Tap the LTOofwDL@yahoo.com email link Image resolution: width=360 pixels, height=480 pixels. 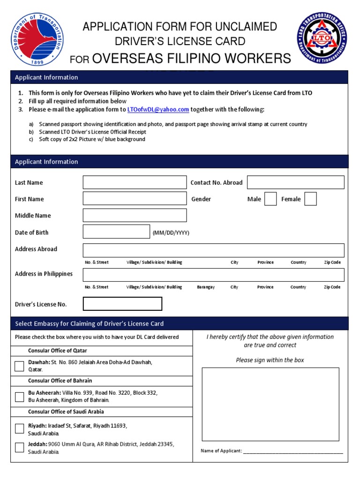158,110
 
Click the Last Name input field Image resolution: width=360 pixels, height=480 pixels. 135,182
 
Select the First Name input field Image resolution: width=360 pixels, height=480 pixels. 135,199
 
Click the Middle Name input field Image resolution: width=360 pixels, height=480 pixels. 135,215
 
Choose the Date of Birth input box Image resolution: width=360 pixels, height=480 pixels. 116,232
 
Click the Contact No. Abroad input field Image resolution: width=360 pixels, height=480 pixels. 295,182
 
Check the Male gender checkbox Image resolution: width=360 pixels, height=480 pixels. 270,199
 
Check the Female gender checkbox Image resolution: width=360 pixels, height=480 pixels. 310,199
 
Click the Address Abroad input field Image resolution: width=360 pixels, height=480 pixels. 213,250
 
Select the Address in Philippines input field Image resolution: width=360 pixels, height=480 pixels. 213,275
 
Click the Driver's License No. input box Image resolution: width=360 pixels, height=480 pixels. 122,304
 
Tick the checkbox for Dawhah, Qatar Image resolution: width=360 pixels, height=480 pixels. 19,366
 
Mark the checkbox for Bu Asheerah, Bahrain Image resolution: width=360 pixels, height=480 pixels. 19,397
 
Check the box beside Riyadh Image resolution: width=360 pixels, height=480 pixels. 19,428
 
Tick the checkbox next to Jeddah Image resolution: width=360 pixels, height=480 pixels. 19,447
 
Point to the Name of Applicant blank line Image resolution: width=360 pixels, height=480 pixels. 293,451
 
